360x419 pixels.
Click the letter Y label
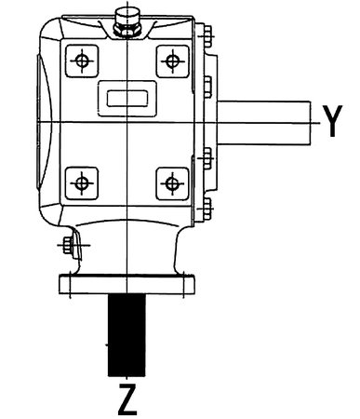(x=332, y=120)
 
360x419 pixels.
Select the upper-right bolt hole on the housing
(x=170, y=61)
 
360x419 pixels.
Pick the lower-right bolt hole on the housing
(x=170, y=180)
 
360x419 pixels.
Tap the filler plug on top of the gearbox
(x=125, y=20)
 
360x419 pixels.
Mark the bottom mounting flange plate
(x=127, y=282)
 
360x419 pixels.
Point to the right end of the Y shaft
(x=311, y=120)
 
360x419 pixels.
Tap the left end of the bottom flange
(x=61, y=282)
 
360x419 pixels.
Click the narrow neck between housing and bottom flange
(x=127, y=250)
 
